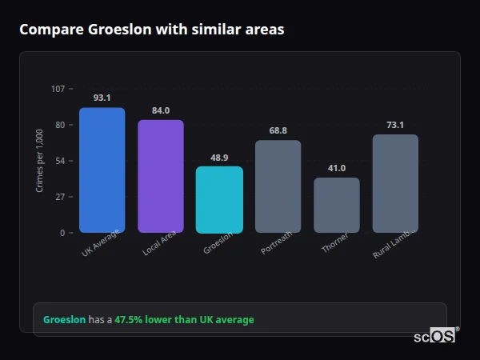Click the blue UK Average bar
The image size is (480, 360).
(102, 170)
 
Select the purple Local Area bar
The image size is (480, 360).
(161, 176)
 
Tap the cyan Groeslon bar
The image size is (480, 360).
(219, 199)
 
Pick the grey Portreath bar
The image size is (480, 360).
(278, 186)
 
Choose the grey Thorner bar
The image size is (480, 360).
(337, 205)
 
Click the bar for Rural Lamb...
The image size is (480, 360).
(395, 183)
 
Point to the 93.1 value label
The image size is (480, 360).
(102, 98)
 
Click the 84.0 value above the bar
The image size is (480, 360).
(161, 110)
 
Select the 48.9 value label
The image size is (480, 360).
(219, 158)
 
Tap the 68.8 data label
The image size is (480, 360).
(278, 130)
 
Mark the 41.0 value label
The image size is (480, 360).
(337, 168)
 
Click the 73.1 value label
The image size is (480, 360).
(395, 125)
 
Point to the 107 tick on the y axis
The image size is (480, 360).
(58, 89)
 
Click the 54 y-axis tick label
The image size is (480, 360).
(60, 161)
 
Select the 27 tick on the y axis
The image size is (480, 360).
(60, 197)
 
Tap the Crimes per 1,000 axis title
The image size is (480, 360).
(40, 161)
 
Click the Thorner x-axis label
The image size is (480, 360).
(334, 245)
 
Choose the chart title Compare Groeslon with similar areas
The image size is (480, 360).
(151, 30)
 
